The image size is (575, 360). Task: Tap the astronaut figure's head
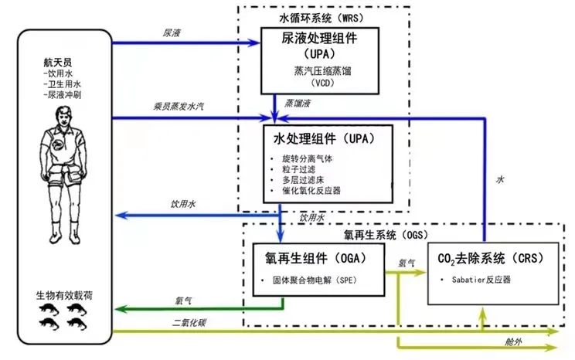click(63, 114)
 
